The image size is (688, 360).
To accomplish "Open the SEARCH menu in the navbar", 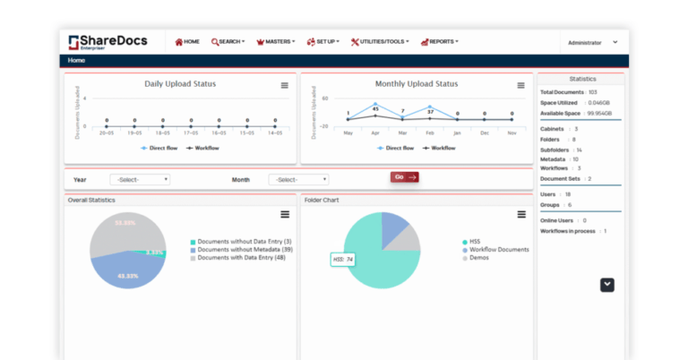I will point(228,41).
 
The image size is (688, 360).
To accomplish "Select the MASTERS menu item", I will point(276,41).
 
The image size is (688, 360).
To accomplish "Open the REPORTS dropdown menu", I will point(443,41).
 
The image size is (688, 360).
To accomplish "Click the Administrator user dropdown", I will point(591,42).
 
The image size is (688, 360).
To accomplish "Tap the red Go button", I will point(404,177).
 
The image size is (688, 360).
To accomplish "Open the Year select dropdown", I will point(140,179).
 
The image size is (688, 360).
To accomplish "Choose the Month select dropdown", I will point(298,179).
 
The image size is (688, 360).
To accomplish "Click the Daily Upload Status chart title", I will point(180,84).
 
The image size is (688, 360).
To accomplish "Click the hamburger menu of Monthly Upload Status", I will point(520,86).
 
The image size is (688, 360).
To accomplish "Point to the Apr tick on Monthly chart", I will point(375,133).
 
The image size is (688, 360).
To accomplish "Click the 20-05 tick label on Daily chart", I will point(107,133).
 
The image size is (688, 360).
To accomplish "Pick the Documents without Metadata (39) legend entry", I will point(245,250).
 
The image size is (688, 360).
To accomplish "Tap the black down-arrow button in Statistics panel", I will point(607,285).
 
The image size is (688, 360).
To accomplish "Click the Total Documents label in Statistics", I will point(561,92).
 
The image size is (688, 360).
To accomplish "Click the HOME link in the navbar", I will point(187,41).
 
